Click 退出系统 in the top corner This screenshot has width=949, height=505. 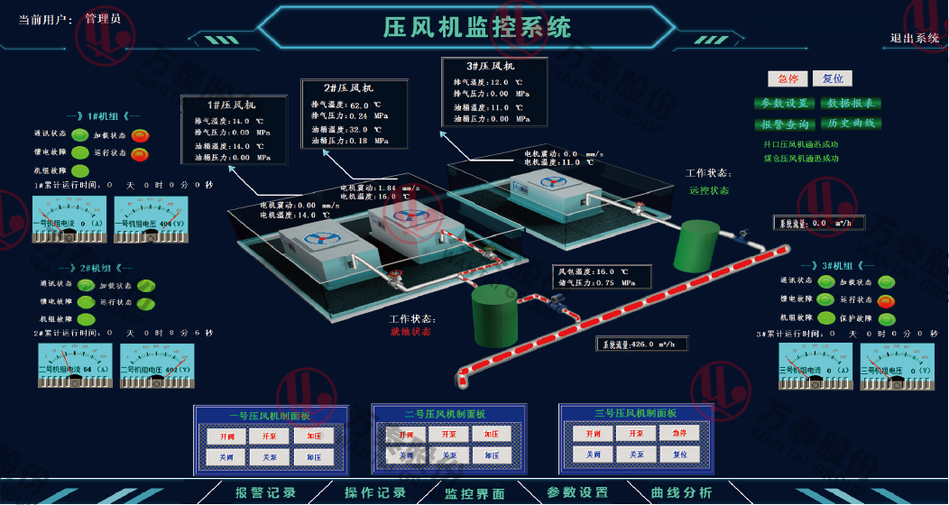[915, 38]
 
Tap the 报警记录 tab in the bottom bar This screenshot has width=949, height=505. [265, 492]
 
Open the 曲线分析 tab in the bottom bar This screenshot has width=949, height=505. [682, 492]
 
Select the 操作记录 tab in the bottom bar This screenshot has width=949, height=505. [375, 492]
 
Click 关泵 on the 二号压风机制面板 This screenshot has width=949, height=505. [448, 455]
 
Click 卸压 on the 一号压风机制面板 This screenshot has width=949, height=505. [313, 457]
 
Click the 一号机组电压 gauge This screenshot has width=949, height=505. [151, 222]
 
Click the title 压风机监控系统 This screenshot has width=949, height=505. [477, 27]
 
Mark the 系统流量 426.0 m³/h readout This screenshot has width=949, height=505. [641, 344]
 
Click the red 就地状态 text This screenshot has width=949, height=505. [410, 331]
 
